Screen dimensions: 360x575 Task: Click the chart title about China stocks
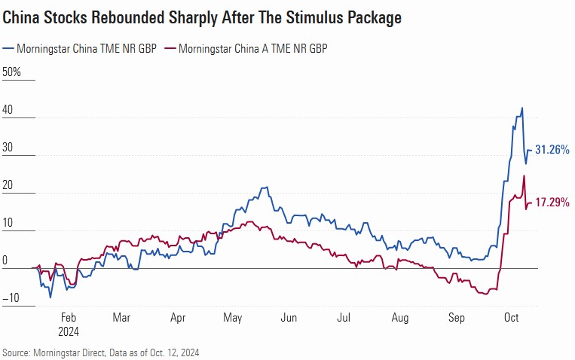click(202, 17)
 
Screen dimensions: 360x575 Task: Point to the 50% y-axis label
click(13, 72)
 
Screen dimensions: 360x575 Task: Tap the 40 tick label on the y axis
click(9, 110)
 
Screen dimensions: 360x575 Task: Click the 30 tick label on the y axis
click(9, 148)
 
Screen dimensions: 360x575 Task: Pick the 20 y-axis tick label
click(9, 185)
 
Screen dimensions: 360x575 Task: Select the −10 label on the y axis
click(10, 298)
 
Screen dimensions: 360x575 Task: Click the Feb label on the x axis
click(68, 318)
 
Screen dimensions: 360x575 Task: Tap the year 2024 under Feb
click(68, 331)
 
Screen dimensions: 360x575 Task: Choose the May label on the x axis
click(233, 318)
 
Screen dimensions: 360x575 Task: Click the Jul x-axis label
click(343, 318)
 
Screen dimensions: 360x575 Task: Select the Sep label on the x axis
click(457, 318)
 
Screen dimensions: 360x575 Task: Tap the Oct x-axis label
click(512, 318)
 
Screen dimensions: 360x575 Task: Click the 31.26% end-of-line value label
click(552, 150)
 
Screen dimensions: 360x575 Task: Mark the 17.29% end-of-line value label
click(552, 203)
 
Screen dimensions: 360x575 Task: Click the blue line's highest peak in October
click(522, 108)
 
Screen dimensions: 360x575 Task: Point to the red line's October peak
click(524, 176)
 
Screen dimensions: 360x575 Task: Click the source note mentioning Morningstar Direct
click(102, 352)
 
